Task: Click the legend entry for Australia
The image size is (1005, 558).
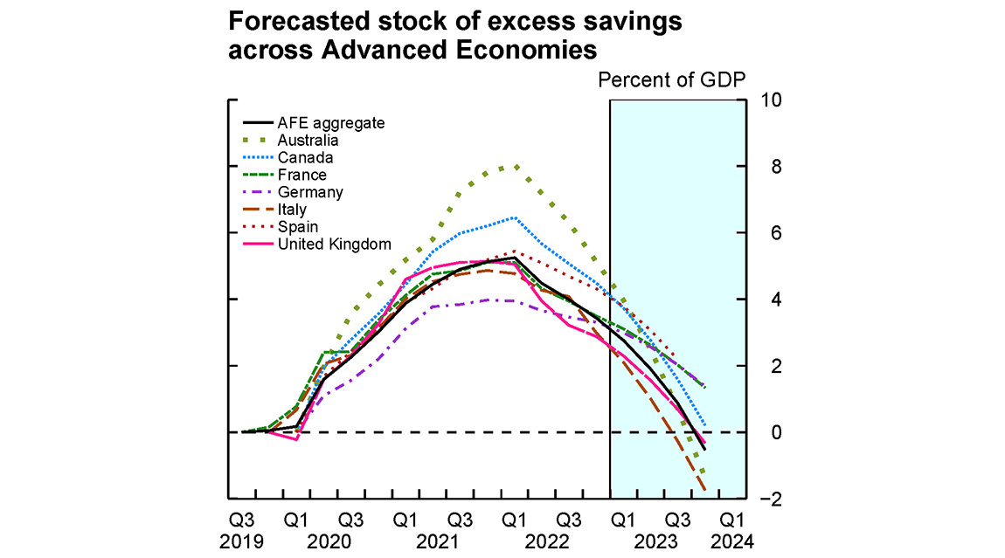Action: pyautogui.click(x=308, y=141)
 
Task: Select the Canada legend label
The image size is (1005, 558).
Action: pyautogui.click(x=305, y=158)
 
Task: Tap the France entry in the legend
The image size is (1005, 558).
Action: pyautogui.click(x=303, y=176)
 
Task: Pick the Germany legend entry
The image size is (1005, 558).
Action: pyautogui.click(x=310, y=193)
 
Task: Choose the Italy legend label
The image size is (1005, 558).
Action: pyautogui.click(x=292, y=210)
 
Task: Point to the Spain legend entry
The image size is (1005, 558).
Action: pyautogui.click(x=297, y=227)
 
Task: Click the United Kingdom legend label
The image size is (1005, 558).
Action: pyautogui.click(x=334, y=245)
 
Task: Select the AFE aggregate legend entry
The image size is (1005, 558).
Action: pyautogui.click(x=330, y=123)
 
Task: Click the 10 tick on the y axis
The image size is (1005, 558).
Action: pyautogui.click(x=772, y=100)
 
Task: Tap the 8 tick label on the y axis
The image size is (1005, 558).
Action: pyautogui.click(x=766, y=166)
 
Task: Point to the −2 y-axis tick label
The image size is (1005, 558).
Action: pyautogui.click(x=768, y=499)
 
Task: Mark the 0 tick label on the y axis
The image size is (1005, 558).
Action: pyautogui.click(x=766, y=432)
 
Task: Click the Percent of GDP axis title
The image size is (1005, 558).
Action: pyautogui.click(x=671, y=80)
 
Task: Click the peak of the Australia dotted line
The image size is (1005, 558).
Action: pyautogui.click(x=516, y=166)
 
